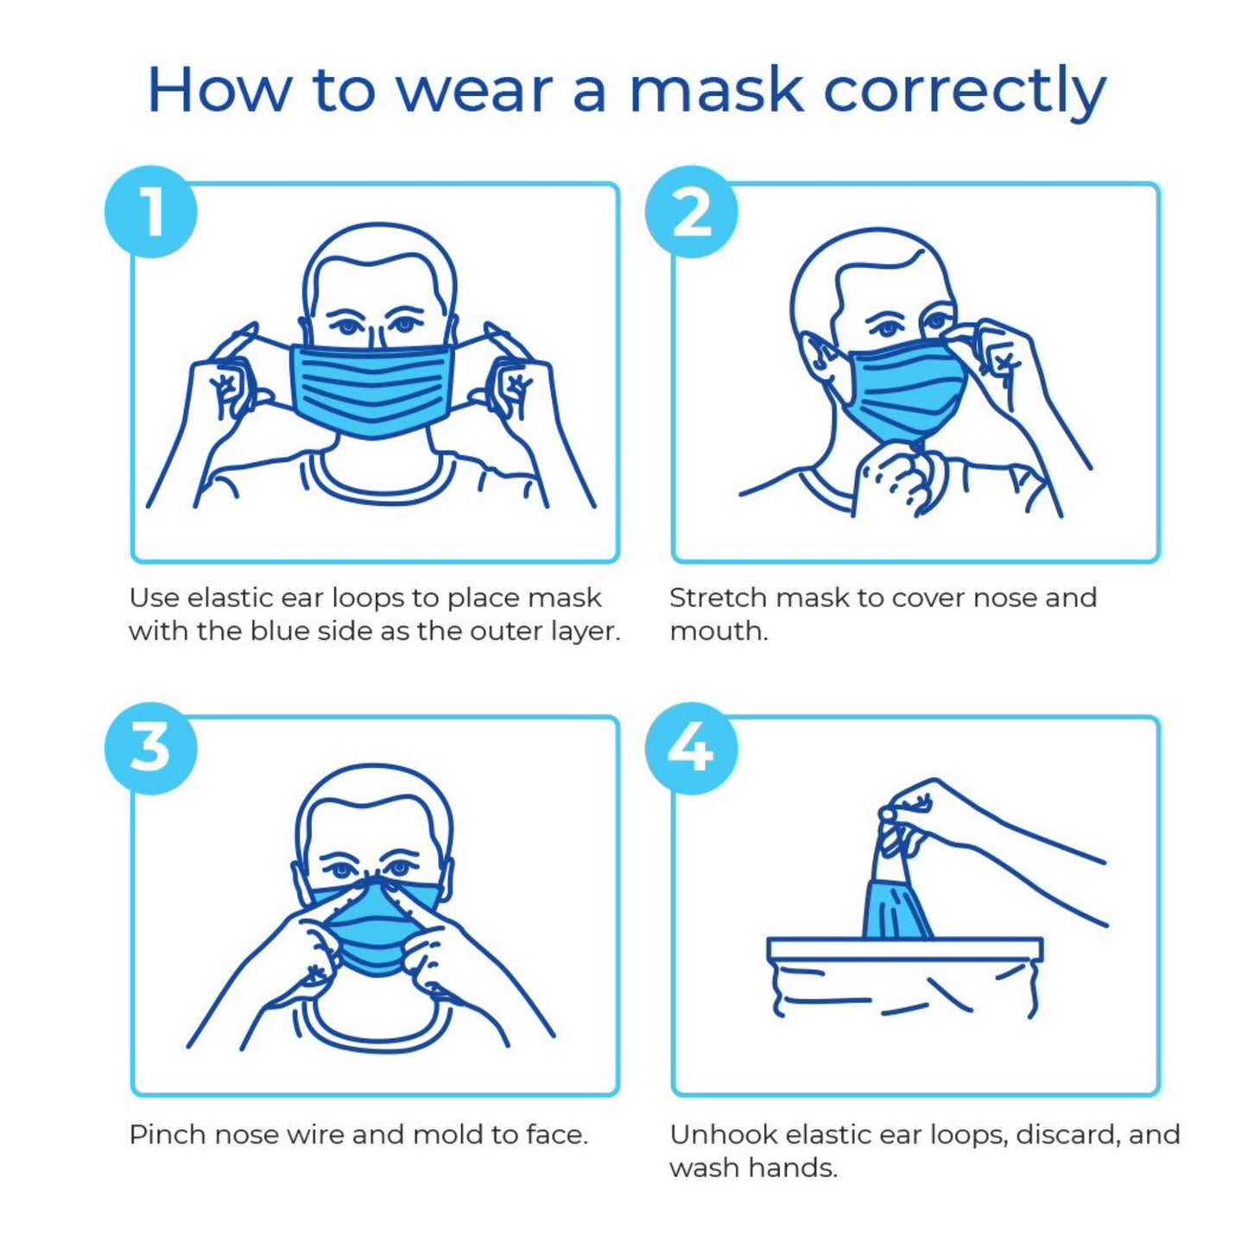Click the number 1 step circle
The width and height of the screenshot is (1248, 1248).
(151, 212)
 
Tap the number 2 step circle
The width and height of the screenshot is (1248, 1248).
(691, 212)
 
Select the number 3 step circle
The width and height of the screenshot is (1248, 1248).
(151, 748)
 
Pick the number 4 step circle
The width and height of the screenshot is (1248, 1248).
(691, 748)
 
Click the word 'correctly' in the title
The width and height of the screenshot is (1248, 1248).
(964, 91)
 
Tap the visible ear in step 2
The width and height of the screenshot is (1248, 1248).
(818, 358)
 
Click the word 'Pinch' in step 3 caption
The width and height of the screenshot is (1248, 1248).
(168, 1134)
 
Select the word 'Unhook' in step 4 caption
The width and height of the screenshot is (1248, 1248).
(723, 1134)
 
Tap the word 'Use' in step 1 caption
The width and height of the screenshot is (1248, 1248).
(154, 598)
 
